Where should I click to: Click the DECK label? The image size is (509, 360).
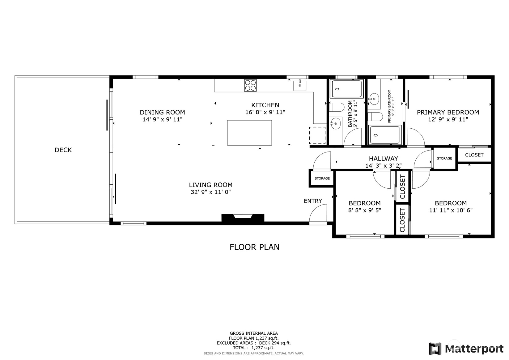(63, 150)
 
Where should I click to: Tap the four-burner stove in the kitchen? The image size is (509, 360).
(250, 85)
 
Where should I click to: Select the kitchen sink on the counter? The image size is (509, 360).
(299, 86)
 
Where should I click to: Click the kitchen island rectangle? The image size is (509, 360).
(249, 133)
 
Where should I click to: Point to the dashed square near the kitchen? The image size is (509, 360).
(317, 135)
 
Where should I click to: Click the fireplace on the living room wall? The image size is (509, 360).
(243, 218)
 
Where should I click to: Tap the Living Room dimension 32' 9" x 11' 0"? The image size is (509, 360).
(211, 192)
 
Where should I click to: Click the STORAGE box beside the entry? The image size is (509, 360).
(322, 178)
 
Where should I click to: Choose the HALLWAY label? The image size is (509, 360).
(383, 159)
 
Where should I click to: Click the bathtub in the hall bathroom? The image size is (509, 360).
(346, 89)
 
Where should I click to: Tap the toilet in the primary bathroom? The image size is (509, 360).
(375, 117)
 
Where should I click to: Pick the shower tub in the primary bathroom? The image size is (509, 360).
(385, 135)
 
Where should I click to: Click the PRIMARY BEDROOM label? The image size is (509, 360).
(448, 113)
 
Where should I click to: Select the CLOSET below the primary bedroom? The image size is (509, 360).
(474, 155)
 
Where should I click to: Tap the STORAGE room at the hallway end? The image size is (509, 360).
(444, 158)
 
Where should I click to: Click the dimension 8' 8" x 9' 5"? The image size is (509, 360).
(365, 210)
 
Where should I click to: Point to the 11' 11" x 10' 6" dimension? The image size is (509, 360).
(451, 210)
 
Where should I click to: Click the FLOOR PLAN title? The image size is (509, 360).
(254, 247)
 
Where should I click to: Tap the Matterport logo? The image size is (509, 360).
(466, 349)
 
